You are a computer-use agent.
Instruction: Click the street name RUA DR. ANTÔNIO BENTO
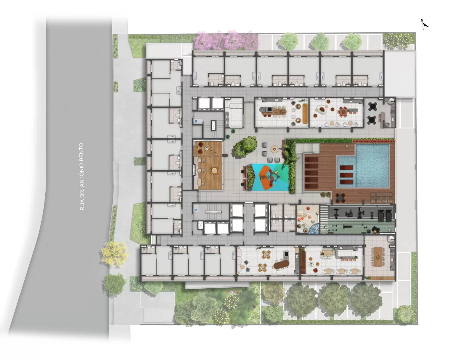pyautogui.click(x=82, y=176)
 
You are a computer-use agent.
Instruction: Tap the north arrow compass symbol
pyautogui.click(x=424, y=25)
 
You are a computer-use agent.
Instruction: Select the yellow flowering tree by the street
pyautogui.click(x=114, y=254)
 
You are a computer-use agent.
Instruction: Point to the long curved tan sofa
pyautogui.click(x=305, y=113)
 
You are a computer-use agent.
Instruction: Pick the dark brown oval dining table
pyautogui.click(x=281, y=265)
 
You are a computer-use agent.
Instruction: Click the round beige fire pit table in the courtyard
pyautogui.click(x=274, y=149)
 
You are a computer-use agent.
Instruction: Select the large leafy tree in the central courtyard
pyautogui.click(x=246, y=146)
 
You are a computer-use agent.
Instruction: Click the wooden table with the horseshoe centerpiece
pyautogui.click(x=378, y=257)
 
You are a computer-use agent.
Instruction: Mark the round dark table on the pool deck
pyautogui.click(x=340, y=197)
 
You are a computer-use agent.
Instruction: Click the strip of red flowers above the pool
pyautogui.click(x=373, y=140)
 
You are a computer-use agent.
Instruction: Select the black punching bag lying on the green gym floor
pyautogui.click(x=374, y=230)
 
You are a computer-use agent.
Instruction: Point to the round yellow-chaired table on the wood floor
pyautogui.click(x=214, y=171)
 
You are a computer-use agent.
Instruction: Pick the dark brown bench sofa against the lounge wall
pyautogui.click(x=303, y=263)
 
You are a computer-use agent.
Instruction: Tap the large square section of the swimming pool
pyautogui.click(x=372, y=166)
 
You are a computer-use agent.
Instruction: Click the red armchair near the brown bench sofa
pyautogui.click(x=315, y=270)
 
